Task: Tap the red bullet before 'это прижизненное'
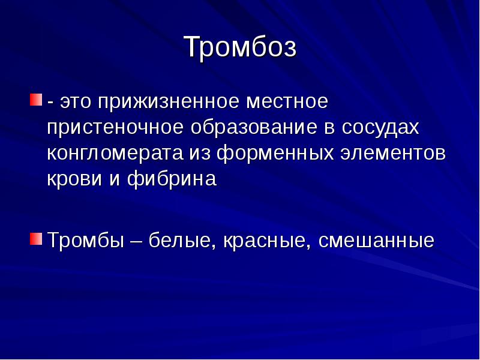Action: [36, 100]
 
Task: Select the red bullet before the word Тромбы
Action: [36, 239]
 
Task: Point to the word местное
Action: [287, 101]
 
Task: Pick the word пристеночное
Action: [115, 128]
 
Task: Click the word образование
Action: [254, 128]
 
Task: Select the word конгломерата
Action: [115, 154]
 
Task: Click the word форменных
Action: [275, 154]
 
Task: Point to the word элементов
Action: [394, 154]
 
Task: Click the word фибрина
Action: [172, 179]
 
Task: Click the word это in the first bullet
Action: [76, 102]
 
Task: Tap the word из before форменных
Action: [200, 154]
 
